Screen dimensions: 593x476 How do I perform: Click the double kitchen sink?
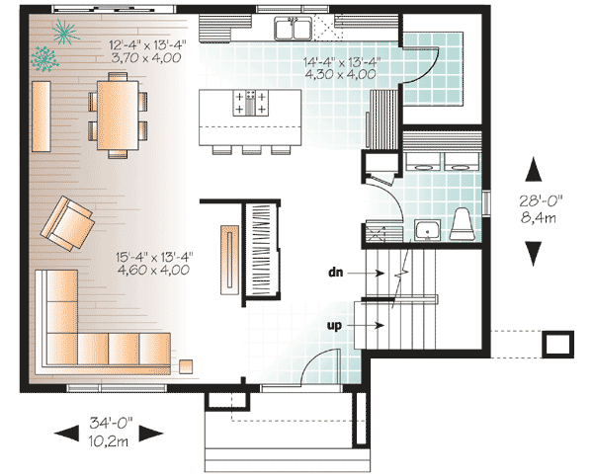294,29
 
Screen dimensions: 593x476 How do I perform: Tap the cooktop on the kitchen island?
250,103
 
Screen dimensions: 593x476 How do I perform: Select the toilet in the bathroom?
463,223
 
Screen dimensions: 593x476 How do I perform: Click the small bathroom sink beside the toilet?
427,230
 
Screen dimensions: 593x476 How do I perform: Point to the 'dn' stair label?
335,272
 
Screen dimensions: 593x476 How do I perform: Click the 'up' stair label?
334,325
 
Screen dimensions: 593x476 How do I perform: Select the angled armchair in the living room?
67,223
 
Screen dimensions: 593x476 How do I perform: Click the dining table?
118,116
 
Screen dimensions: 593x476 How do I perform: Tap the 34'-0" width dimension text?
111,423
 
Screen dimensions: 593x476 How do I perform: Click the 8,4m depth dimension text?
539,218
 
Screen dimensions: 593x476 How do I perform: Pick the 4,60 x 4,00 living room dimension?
153,270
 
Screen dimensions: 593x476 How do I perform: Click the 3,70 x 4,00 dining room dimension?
146,58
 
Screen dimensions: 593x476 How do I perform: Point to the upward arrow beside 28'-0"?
534,169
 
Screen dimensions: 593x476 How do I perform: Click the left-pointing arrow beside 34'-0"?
67,434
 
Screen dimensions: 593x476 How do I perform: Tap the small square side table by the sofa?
186,366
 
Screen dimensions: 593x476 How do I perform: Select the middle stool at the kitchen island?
252,150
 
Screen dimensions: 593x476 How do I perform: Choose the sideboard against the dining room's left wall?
42,117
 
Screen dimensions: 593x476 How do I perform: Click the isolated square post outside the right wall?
557,344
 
